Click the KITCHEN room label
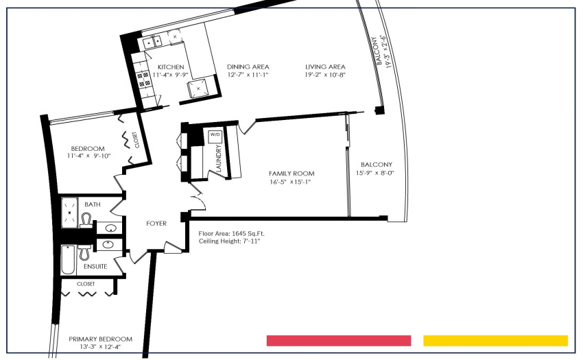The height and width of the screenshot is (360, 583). (x=171, y=67)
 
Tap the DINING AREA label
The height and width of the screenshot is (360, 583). (x=248, y=67)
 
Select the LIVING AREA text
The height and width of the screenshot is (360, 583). (x=325, y=67)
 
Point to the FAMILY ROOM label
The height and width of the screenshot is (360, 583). (x=291, y=173)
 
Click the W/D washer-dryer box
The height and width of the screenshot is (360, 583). (x=215, y=136)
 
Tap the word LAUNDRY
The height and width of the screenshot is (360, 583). (x=218, y=158)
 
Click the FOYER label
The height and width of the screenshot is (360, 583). (x=156, y=224)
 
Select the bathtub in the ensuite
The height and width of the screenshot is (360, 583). (x=68, y=260)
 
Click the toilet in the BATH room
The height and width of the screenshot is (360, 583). (x=86, y=220)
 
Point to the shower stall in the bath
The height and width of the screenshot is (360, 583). (x=69, y=213)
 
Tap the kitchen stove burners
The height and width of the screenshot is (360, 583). (x=144, y=80)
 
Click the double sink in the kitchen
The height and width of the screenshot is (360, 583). (x=152, y=42)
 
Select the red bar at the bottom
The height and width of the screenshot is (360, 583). (x=339, y=341)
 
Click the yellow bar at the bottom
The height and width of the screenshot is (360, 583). (x=496, y=341)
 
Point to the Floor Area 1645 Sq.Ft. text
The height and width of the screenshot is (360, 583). (x=231, y=234)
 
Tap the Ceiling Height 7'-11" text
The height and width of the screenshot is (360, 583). (x=229, y=241)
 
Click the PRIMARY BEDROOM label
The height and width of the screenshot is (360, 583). (x=100, y=339)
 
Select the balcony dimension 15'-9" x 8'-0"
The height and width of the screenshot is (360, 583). (x=374, y=173)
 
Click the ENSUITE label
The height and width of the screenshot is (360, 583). (x=95, y=267)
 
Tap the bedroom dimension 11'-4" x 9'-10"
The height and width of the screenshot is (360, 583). (x=89, y=156)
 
